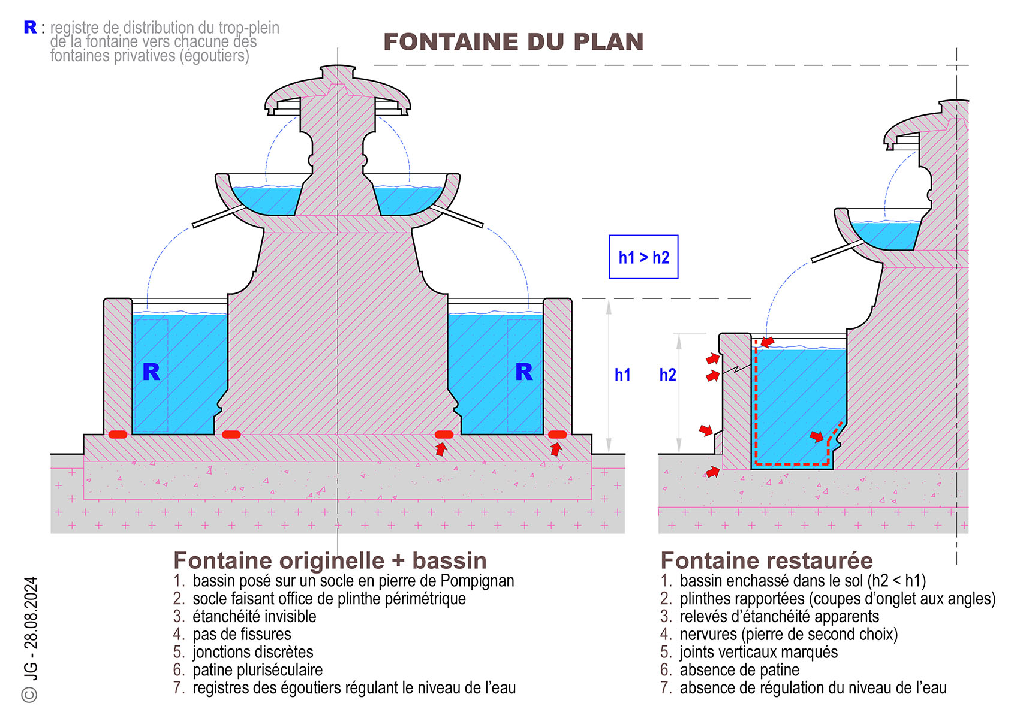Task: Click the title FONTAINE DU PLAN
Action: click(513, 42)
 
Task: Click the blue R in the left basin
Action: click(151, 372)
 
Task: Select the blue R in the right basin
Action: click(523, 372)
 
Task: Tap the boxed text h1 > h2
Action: click(643, 257)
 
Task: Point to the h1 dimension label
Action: click(622, 375)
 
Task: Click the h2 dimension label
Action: click(667, 375)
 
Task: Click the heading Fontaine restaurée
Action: click(766, 560)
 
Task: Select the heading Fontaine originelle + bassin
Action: click(330, 560)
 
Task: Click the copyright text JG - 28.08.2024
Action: click(31, 629)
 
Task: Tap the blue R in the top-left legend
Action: click(30, 28)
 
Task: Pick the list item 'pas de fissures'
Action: click(242, 634)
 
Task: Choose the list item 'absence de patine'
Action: click(739, 669)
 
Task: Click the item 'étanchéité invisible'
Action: click(254, 616)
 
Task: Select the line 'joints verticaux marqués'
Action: click(758, 652)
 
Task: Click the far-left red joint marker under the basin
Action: click(118, 435)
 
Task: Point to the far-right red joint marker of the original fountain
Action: click(558, 435)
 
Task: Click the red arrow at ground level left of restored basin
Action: click(712, 472)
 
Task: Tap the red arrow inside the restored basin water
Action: click(816, 436)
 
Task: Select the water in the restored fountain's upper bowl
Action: click(885, 234)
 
